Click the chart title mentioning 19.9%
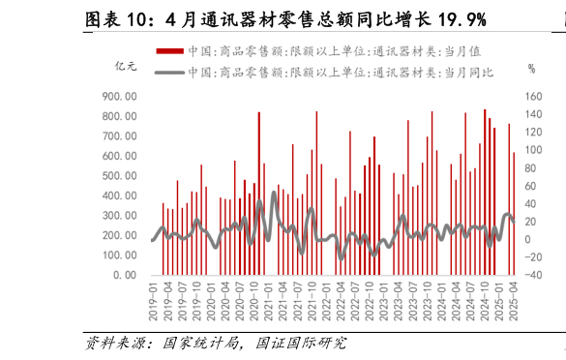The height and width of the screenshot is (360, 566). click(x=284, y=19)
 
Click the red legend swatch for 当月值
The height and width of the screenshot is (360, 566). click(x=168, y=50)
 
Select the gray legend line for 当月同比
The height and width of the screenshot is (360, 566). click(x=168, y=72)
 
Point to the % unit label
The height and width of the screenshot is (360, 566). click(x=531, y=68)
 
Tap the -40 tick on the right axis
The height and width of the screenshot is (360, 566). click(x=535, y=275)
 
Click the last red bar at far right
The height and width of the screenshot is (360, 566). click(x=514, y=213)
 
